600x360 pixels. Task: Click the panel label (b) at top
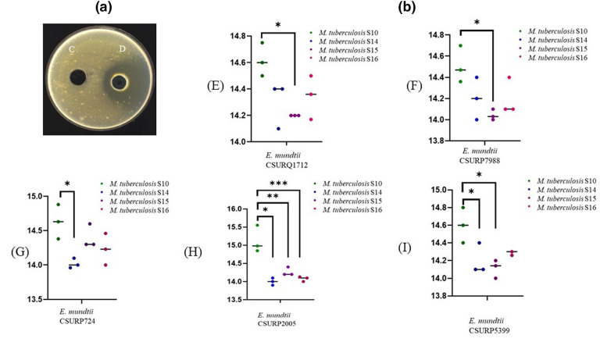pyautogui.click(x=407, y=9)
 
